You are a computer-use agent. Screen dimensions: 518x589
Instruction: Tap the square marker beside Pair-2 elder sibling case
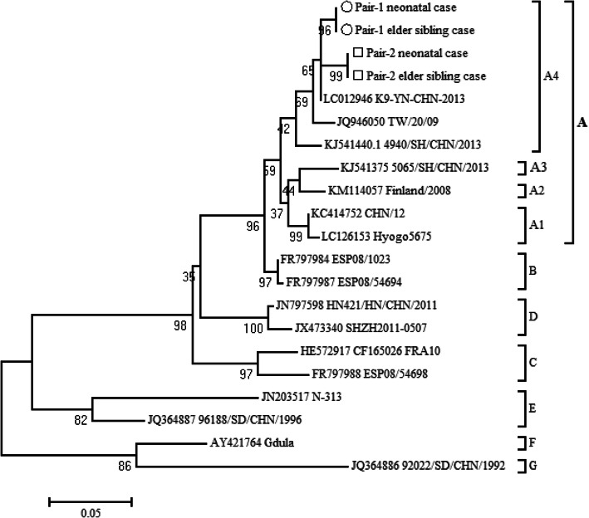[x=357, y=76]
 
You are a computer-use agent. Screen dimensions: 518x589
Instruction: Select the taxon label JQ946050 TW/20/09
[x=383, y=120]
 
